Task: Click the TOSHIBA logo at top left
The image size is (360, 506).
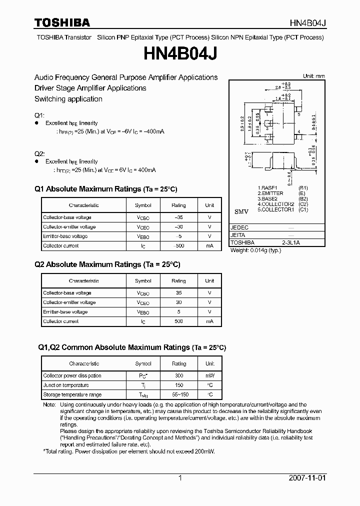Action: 62,22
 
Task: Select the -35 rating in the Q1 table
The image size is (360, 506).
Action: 178,217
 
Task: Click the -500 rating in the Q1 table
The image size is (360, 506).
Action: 178,246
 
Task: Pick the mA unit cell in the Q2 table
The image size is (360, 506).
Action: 209,321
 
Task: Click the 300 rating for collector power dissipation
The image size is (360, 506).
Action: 178,375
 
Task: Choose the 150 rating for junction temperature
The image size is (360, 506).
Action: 178,385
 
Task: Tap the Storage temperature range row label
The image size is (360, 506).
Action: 65,394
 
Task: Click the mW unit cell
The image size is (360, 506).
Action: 209,375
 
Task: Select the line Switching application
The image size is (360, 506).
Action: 68,99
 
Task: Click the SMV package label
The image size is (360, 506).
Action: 241,212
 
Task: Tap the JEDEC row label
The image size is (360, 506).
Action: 239,227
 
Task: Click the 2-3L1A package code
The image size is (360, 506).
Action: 290,242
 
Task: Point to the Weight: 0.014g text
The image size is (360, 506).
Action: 255,250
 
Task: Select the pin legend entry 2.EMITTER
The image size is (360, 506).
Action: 270,193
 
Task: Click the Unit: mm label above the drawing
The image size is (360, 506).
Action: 313,76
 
